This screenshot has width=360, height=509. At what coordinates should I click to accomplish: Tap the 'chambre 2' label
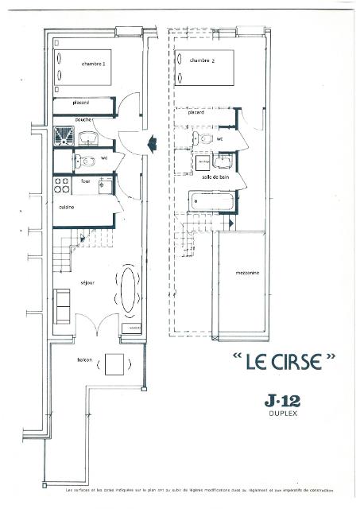[x=200, y=60]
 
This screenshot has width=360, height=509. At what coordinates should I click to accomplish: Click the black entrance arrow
[x=150, y=143]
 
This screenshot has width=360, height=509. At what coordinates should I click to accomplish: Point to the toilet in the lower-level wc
[x=80, y=163]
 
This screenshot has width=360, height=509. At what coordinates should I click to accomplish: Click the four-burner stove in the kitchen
[x=61, y=188]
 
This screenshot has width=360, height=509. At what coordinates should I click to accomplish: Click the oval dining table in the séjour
[x=127, y=290]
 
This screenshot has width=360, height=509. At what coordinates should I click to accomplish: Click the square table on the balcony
[x=114, y=364]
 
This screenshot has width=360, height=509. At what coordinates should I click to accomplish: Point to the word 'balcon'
[x=85, y=360]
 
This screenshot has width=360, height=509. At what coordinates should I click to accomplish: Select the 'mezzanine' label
[x=246, y=272]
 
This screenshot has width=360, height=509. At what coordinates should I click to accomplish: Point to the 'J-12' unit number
[x=283, y=399]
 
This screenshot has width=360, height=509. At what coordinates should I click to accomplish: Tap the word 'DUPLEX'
[x=283, y=414]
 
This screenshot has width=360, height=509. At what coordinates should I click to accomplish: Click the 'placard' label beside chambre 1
[x=80, y=102]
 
